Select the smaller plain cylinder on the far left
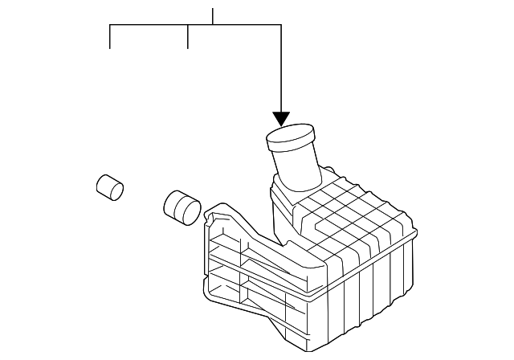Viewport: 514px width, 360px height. [x=109, y=187]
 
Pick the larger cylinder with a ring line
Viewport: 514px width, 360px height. [x=182, y=207]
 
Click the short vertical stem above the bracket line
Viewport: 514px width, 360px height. [x=213, y=16]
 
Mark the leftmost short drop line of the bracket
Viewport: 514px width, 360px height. [x=110, y=37]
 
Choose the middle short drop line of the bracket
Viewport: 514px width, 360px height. [x=187, y=37]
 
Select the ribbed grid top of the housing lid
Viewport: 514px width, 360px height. [x=353, y=213]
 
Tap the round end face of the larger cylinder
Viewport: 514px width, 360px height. [x=189, y=212]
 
